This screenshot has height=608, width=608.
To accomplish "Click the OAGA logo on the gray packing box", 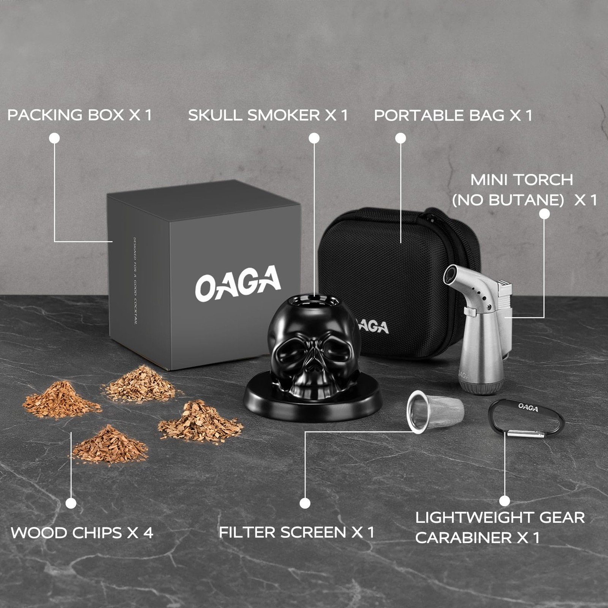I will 238,283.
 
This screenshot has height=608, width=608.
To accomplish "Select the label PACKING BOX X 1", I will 79,115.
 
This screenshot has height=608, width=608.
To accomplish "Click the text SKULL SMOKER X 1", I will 268,115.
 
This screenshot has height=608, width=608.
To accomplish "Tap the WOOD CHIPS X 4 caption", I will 82,533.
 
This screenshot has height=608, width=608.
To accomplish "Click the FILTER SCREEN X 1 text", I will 296,532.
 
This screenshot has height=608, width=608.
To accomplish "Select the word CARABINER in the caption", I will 464,538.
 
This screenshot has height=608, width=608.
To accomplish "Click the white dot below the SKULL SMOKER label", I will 314,138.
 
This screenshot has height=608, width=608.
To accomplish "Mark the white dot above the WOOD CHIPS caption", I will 71,503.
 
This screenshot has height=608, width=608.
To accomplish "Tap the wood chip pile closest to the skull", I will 200,422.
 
